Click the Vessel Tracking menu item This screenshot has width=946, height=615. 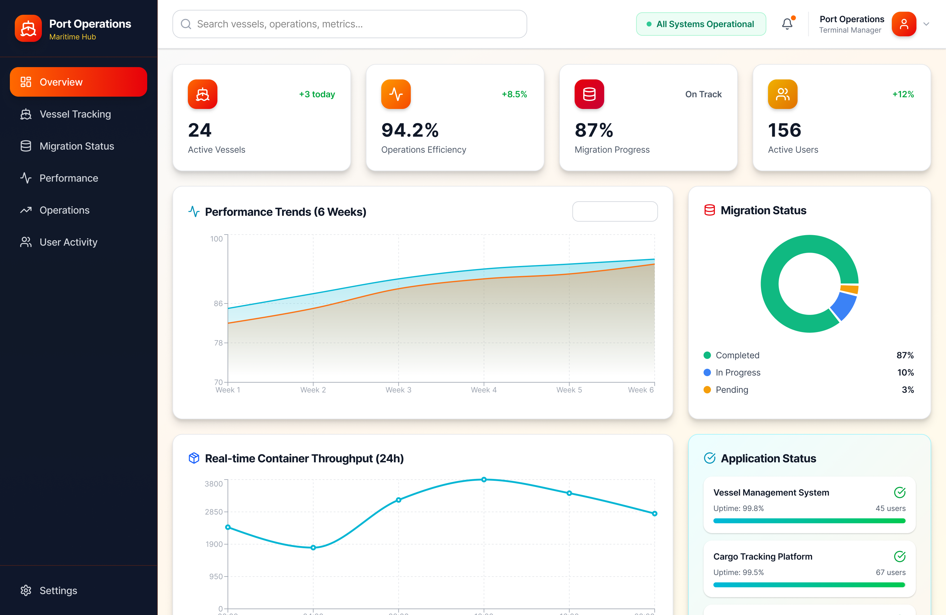click(75, 114)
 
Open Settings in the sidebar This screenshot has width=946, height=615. click(58, 590)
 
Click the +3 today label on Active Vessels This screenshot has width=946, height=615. click(317, 94)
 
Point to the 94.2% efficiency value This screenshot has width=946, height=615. click(410, 130)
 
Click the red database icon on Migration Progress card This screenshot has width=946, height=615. click(589, 94)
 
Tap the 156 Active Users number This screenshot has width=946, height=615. click(784, 130)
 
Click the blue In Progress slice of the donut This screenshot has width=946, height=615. click(843, 306)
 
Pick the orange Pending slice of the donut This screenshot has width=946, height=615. click(849, 289)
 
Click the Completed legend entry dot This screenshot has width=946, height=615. click(707, 355)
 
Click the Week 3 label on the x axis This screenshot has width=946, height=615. click(398, 390)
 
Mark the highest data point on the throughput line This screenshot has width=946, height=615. click(484, 480)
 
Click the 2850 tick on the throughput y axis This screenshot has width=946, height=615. click(214, 512)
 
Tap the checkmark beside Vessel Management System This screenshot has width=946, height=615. click(900, 492)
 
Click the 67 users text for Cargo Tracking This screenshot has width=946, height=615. click(890, 572)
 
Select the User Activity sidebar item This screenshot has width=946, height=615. click(68, 242)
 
